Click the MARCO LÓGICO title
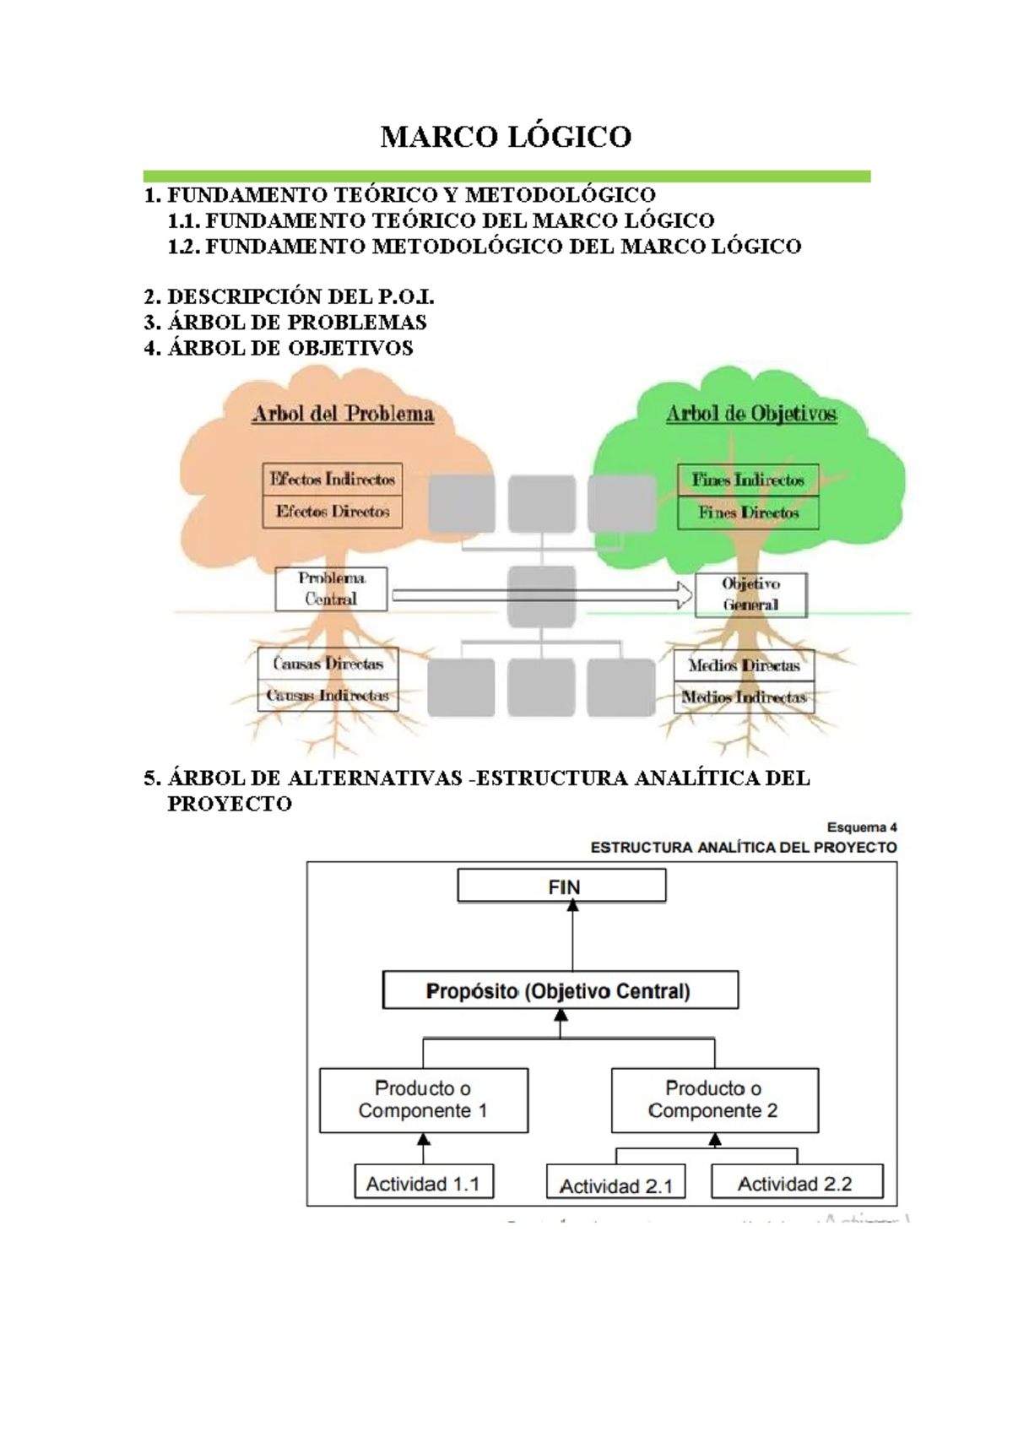pos(506,137)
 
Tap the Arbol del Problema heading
pos(343,414)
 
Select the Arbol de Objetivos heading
pos(750,414)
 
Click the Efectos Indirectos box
pos(332,479)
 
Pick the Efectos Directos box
pos(332,512)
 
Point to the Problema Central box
pos(331,589)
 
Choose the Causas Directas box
pos(328,664)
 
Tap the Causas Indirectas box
pos(328,696)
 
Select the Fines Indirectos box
pos(748,480)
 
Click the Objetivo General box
pos(750,594)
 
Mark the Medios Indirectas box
pos(744,697)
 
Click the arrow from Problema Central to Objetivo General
pos(540,595)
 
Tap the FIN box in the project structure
pos(562,887)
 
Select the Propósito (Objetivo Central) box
pos(560,990)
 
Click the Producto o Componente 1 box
pos(424,1100)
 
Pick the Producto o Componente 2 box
pos(714,1100)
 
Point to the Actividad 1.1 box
pos(424,1183)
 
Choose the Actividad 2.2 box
pos(796,1183)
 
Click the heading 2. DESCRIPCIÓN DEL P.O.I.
pos(289,297)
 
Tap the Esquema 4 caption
pos(861,827)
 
